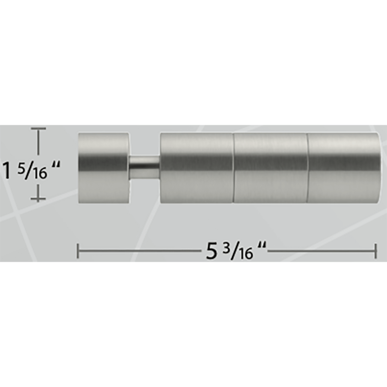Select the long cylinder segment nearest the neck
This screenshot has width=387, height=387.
click(x=197, y=168)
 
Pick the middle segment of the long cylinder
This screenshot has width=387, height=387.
click(x=271, y=168)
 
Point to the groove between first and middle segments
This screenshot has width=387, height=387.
click(x=234, y=168)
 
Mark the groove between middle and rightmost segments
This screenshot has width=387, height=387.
click(x=307, y=168)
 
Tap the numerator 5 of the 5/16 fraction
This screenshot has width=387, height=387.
click(x=21, y=167)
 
